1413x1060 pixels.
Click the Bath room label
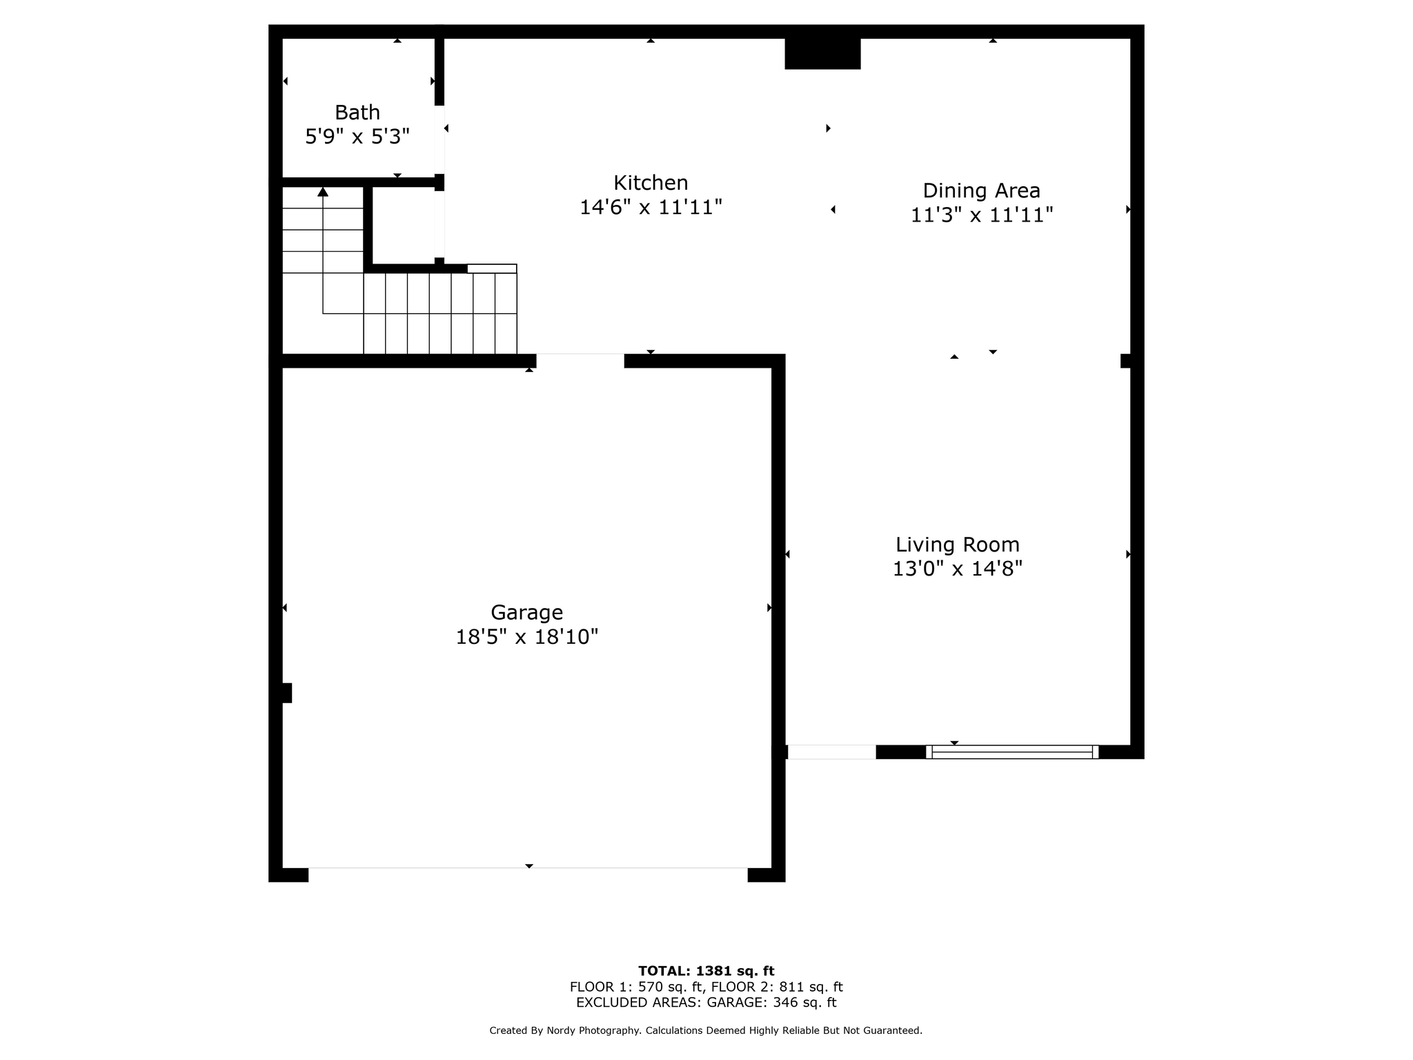click(x=357, y=112)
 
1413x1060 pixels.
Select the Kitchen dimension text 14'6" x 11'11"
click(x=651, y=207)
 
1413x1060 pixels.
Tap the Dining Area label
click(x=981, y=190)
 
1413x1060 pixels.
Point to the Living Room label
click(x=958, y=544)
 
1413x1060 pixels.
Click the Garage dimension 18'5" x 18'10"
click(x=526, y=636)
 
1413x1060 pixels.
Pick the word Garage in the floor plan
click(x=526, y=612)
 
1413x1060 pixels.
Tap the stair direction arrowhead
click(x=323, y=191)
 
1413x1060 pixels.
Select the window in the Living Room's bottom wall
click(x=1012, y=752)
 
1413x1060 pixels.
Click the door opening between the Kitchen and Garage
click(x=580, y=361)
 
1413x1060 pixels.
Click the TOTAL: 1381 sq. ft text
click(x=706, y=971)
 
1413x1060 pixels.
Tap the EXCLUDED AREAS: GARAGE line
click(x=706, y=1003)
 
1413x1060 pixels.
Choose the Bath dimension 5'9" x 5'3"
click(x=357, y=137)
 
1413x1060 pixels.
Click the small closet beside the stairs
click(x=404, y=225)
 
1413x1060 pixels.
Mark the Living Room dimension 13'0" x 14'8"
click(x=958, y=569)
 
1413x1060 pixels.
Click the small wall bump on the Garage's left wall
click(x=287, y=693)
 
